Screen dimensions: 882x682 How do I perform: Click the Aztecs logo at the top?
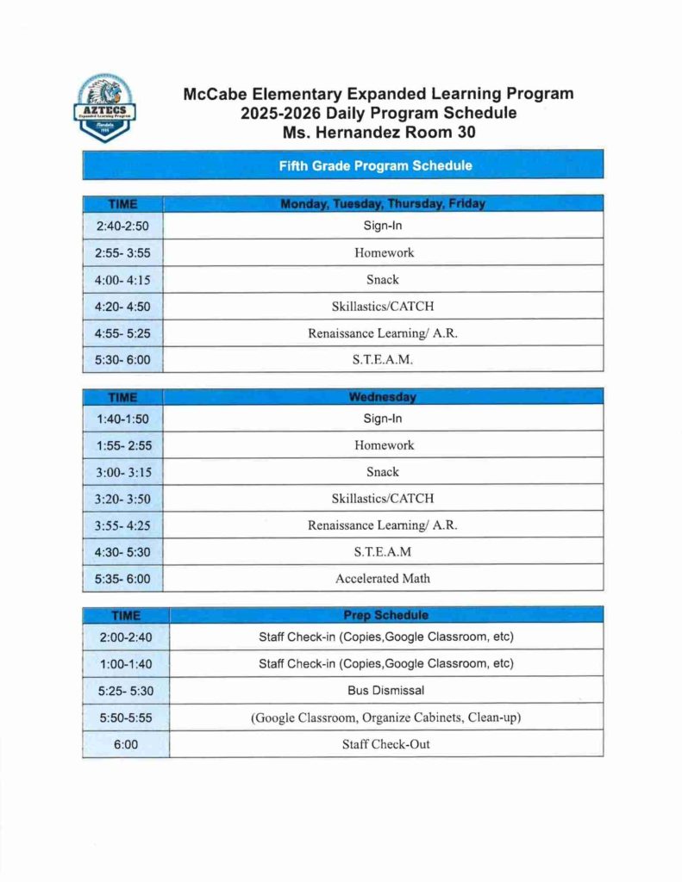[103, 109]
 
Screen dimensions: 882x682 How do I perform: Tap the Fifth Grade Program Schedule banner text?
[375, 165]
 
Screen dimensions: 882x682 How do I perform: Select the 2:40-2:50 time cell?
[122, 227]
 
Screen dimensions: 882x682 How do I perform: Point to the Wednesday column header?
[382, 397]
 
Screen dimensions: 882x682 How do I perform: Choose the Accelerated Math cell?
[382, 578]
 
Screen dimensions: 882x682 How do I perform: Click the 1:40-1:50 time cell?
[122, 419]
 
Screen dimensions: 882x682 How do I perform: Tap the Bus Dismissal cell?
[386, 690]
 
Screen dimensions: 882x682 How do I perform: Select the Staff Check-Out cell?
[386, 743]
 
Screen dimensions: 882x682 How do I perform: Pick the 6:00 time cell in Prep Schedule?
[126, 744]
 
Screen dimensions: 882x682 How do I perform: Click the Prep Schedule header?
[386, 615]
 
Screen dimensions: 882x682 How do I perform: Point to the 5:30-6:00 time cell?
[122, 360]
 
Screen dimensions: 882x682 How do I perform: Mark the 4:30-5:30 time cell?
[122, 552]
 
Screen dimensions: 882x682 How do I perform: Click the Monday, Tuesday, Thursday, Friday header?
[382, 204]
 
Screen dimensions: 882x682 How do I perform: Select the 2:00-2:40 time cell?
[126, 637]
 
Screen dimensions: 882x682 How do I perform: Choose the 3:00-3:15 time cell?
[122, 472]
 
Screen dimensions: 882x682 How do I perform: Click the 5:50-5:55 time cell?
[126, 717]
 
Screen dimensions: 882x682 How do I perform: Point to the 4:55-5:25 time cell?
[122, 333]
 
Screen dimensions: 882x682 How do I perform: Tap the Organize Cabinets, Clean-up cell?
[386, 717]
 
